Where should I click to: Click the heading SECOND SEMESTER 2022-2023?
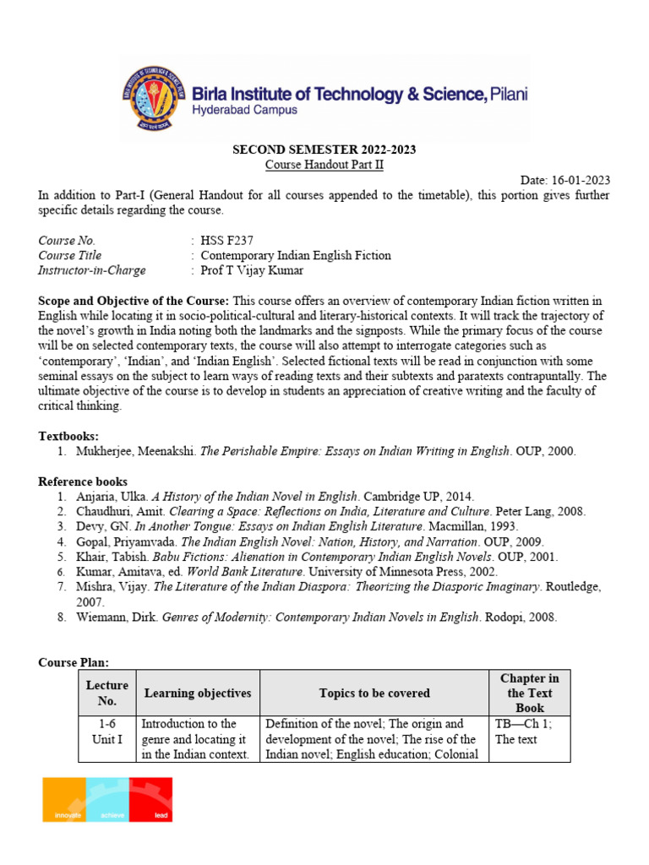coord(324,150)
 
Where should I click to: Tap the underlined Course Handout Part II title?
coord(324,165)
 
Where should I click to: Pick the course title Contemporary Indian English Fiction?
coord(296,255)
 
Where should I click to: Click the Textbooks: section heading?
coord(68,436)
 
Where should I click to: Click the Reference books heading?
coord(83,481)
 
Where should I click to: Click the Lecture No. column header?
coord(107,693)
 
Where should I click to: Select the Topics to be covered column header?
coord(374,693)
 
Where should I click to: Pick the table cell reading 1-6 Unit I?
coord(107,732)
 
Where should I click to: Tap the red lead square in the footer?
coord(150,799)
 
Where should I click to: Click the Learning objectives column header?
coord(198,693)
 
